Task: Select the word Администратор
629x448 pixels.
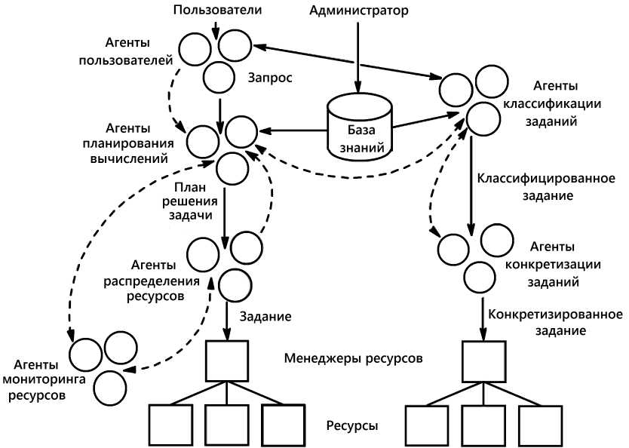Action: [359, 11]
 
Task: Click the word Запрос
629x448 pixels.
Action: [269, 77]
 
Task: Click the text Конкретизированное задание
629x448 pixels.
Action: [555, 320]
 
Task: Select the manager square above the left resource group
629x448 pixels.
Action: [227, 361]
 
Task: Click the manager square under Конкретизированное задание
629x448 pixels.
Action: [483, 361]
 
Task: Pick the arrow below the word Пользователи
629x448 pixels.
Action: [216, 29]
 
